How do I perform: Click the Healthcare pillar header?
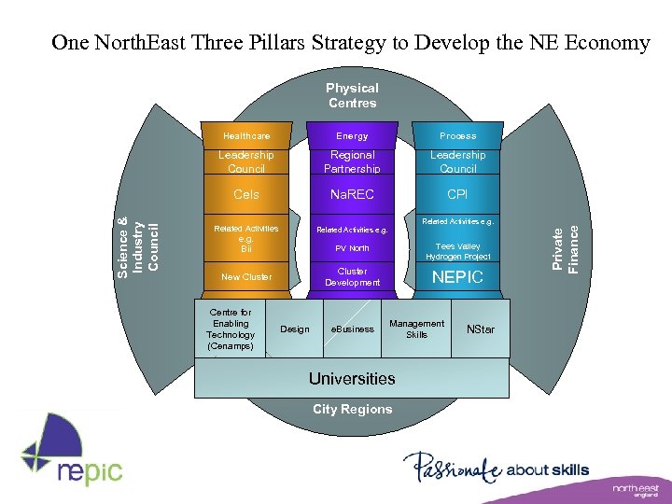(246, 136)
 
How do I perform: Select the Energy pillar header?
(352, 136)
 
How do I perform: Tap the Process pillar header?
(457, 136)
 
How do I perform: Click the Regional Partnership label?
(352, 161)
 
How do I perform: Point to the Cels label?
(246, 195)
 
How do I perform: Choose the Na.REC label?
(352, 195)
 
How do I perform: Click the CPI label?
(457, 195)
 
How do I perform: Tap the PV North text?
(352, 248)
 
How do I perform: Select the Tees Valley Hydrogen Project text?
(457, 251)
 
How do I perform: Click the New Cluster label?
(246, 277)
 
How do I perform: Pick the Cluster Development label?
(352, 276)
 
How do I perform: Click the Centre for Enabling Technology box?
(230, 329)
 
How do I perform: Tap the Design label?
(295, 329)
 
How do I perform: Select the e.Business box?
(353, 329)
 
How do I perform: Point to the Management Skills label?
(417, 329)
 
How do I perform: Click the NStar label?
(481, 329)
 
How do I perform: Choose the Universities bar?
(352, 378)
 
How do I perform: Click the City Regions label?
(352, 409)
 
